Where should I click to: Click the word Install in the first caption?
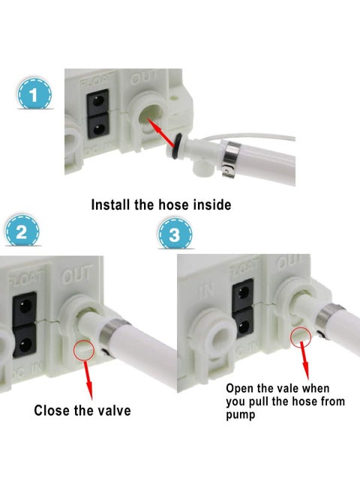pyautogui.click(x=114, y=204)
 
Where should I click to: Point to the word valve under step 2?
pyautogui.click(x=109, y=411)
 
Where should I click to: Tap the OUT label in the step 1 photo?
pyautogui.click(x=144, y=78)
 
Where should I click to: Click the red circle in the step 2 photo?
pyautogui.click(x=83, y=348)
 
